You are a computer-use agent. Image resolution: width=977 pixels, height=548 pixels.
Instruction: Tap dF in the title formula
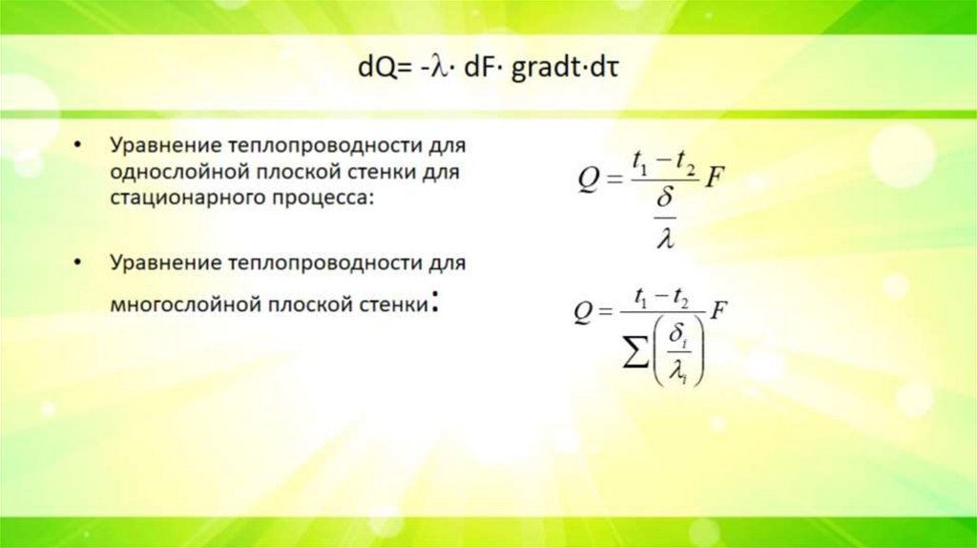point(470,71)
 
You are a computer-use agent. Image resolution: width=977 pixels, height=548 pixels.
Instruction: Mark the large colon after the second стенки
point(435,304)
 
